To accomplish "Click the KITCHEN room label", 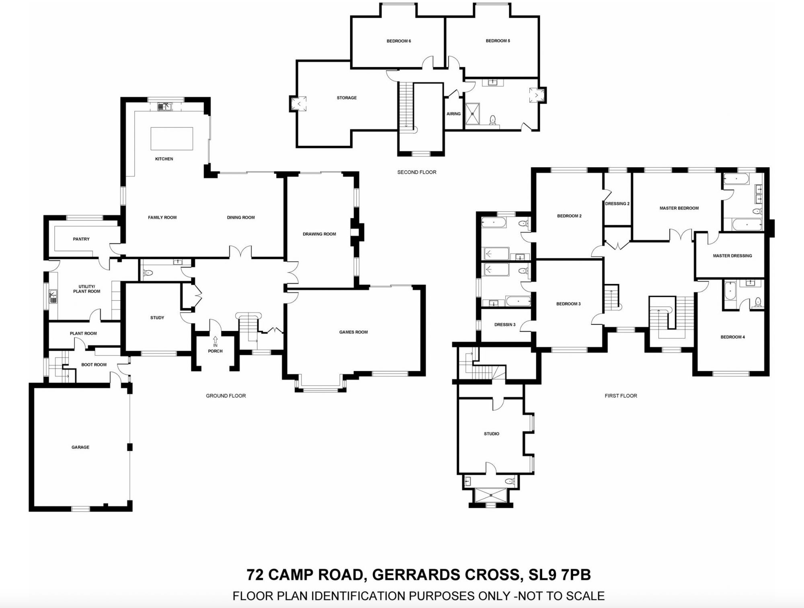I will click(x=164, y=159).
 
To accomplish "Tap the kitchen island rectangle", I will click(x=172, y=139).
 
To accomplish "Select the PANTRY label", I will click(x=81, y=239).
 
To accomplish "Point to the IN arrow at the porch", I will click(x=215, y=340).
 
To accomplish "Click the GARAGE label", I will click(x=80, y=447).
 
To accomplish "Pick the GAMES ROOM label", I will click(x=353, y=332).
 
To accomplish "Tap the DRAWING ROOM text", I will click(x=319, y=234).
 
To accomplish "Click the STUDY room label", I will click(x=157, y=318).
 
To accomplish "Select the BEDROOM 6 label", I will click(x=398, y=41).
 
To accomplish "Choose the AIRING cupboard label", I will click(x=453, y=114).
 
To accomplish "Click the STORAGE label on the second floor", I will click(x=347, y=98).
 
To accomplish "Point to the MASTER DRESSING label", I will click(x=732, y=256).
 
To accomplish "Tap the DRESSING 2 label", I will click(x=617, y=204).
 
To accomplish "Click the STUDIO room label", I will click(x=491, y=434).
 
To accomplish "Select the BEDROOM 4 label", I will click(x=732, y=337).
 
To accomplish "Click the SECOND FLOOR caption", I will click(x=416, y=172).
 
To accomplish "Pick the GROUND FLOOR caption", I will click(x=226, y=396).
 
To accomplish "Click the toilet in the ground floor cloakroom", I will click(x=148, y=273).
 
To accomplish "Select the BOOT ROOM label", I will click(x=94, y=365).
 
